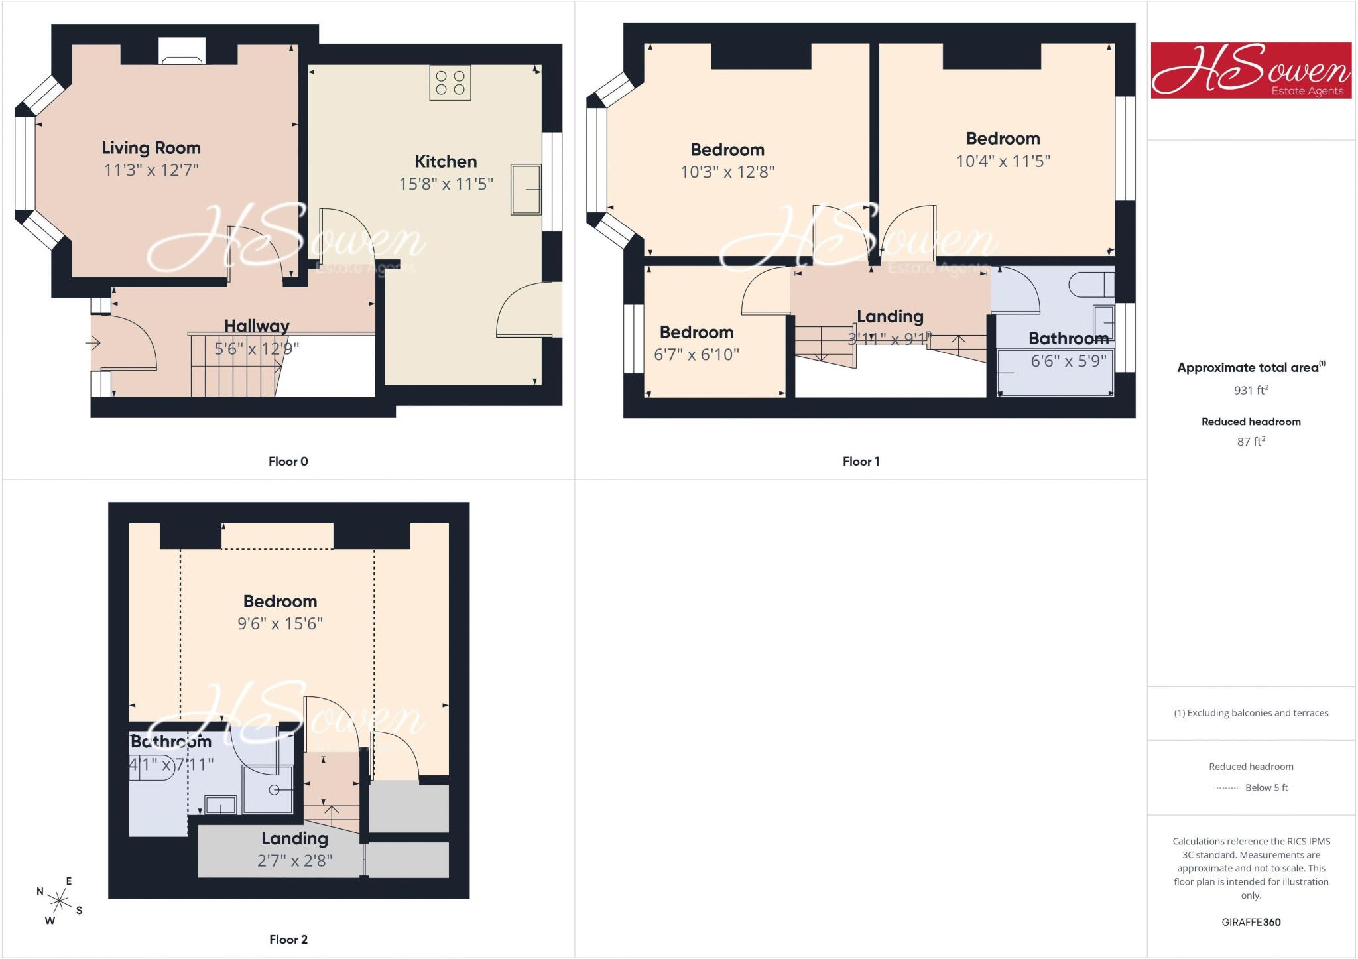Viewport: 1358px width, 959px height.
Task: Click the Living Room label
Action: (x=151, y=148)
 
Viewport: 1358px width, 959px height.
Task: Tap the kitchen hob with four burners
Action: (x=450, y=83)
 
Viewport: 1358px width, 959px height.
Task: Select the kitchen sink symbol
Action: (x=526, y=189)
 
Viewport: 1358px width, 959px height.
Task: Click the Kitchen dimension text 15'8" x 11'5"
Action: (x=446, y=184)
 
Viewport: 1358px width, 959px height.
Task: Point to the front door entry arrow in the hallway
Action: (x=93, y=343)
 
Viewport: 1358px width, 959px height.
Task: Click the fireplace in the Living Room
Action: (x=182, y=51)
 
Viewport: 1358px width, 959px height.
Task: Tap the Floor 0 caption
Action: (x=288, y=462)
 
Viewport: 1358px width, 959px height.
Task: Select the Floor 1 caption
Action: (x=861, y=462)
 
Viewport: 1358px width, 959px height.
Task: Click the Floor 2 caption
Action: (x=288, y=940)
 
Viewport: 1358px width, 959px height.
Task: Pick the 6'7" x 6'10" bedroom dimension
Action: (x=696, y=355)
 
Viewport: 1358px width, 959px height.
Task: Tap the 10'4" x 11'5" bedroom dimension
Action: (x=1003, y=161)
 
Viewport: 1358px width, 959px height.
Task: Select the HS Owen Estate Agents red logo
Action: (x=1251, y=71)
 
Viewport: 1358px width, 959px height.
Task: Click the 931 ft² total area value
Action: (x=1251, y=390)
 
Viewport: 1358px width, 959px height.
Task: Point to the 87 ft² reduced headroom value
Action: (x=1251, y=441)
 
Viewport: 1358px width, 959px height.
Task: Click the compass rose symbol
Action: (x=60, y=901)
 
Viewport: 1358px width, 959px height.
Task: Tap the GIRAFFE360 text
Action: (x=1251, y=922)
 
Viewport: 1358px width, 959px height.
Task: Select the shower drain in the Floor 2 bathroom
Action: (x=274, y=790)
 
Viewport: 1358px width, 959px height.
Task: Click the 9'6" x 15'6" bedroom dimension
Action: (x=280, y=623)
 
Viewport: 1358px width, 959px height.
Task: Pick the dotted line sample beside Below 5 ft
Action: (x=1226, y=788)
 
